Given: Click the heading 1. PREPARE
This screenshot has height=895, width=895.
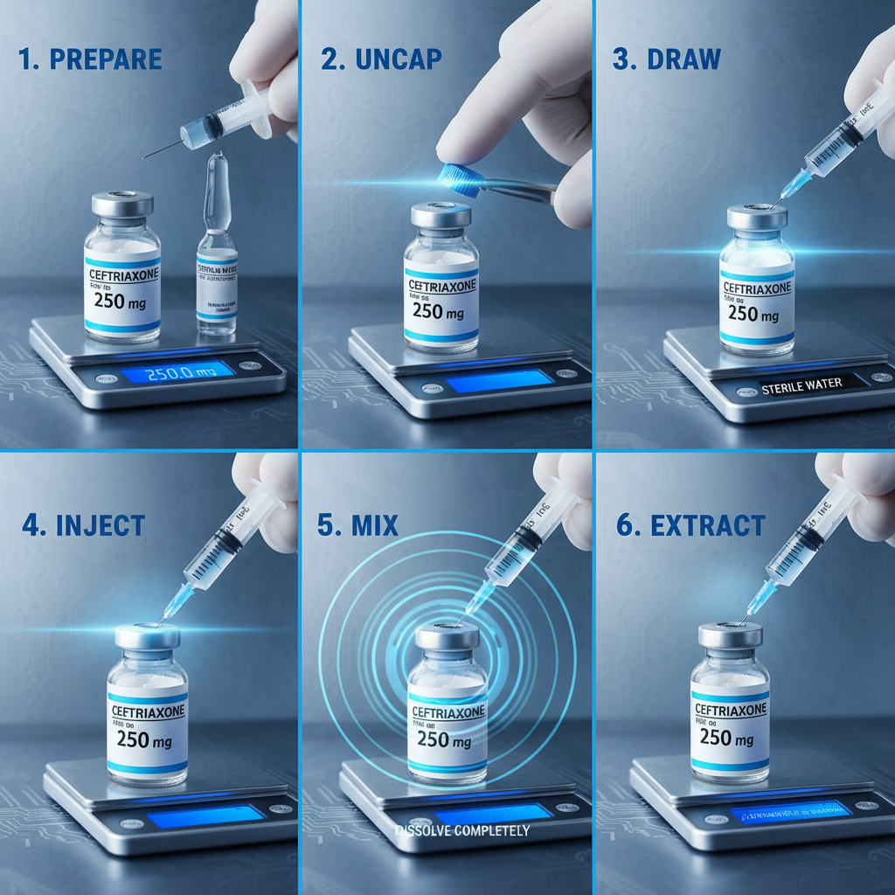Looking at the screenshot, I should (90, 59).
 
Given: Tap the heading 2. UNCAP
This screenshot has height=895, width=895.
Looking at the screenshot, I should (381, 59).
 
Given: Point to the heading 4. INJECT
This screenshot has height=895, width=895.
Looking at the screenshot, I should (83, 525).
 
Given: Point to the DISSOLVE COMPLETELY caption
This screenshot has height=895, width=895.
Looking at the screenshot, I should (461, 830).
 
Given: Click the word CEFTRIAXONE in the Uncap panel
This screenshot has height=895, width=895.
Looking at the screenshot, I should (441, 286).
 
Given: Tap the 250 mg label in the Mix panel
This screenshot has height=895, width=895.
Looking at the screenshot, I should (447, 739).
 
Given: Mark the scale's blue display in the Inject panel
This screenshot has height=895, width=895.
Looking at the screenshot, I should (205, 816).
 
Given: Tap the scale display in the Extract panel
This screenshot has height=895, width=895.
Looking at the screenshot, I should (790, 812).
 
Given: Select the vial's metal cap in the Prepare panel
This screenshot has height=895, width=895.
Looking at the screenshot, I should (122, 205).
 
